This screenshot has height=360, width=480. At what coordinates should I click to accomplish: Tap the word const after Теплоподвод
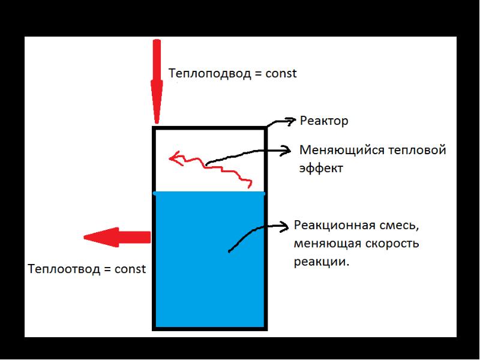[x=281, y=74]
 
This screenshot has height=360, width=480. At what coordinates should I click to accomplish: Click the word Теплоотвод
[x=64, y=269]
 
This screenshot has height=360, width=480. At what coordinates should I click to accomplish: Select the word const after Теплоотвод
[x=130, y=269]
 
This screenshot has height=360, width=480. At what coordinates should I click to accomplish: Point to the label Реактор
[x=324, y=121]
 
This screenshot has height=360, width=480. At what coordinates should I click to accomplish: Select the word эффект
[x=321, y=169]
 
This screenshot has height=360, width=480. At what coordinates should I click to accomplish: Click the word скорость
[x=389, y=244]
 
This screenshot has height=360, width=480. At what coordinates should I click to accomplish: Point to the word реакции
[x=322, y=262]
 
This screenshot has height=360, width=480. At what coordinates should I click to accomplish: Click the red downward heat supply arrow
[x=157, y=82]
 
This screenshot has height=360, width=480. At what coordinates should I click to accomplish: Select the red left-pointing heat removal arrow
[x=117, y=237]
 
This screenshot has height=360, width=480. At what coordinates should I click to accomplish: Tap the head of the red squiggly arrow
[x=176, y=158]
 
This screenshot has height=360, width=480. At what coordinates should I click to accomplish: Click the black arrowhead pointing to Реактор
[x=290, y=121]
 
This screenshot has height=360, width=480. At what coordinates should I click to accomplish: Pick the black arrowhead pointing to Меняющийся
[x=286, y=151]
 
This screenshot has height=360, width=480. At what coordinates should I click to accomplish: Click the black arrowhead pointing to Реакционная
[x=284, y=226]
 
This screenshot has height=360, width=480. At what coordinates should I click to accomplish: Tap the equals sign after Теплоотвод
[x=107, y=269]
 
